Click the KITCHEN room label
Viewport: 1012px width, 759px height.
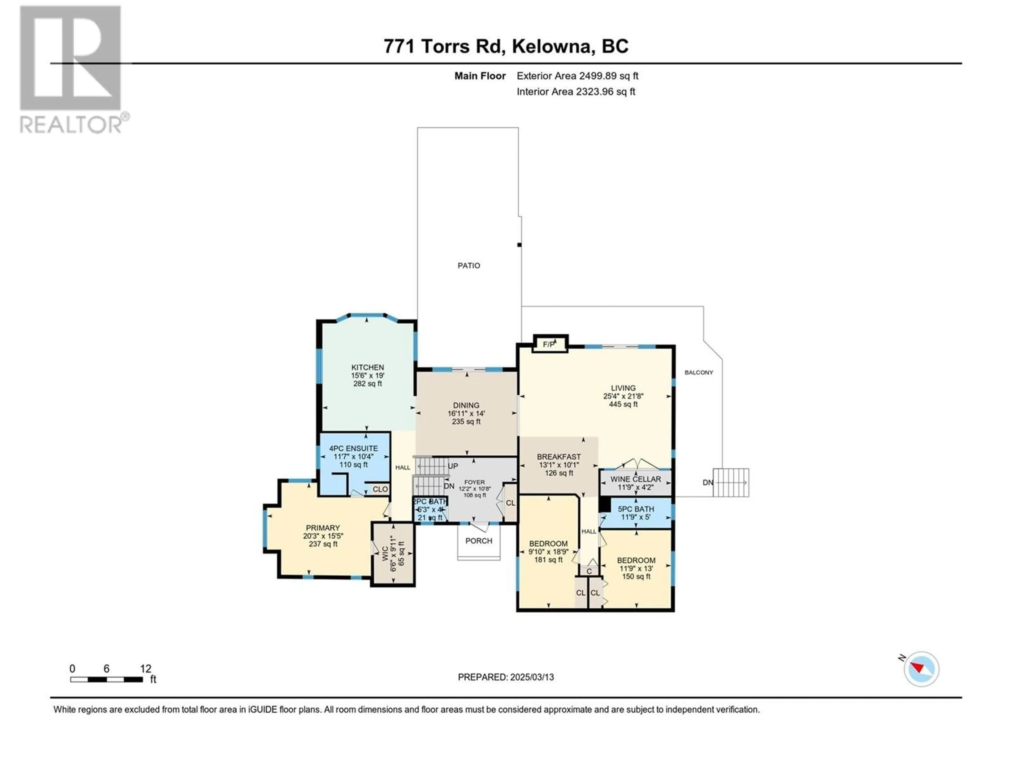tap(367, 367)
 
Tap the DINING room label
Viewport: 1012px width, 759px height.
tap(466, 405)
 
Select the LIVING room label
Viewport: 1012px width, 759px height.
tap(623, 388)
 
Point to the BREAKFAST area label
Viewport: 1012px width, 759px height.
tap(559, 457)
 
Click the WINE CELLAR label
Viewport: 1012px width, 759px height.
tap(635, 479)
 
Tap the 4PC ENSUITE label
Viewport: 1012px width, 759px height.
tap(354, 448)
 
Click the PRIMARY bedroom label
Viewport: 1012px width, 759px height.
tap(323, 528)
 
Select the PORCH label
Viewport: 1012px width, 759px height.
tap(479, 541)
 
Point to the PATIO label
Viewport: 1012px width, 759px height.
tap(469, 265)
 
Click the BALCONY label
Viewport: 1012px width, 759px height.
tap(699, 372)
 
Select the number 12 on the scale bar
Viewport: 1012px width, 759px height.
tap(145, 669)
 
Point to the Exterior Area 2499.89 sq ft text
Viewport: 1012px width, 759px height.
tap(577, 76)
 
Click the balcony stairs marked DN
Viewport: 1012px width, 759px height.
tap(731, 482)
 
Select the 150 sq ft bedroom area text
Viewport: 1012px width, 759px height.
tap(636, 576)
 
